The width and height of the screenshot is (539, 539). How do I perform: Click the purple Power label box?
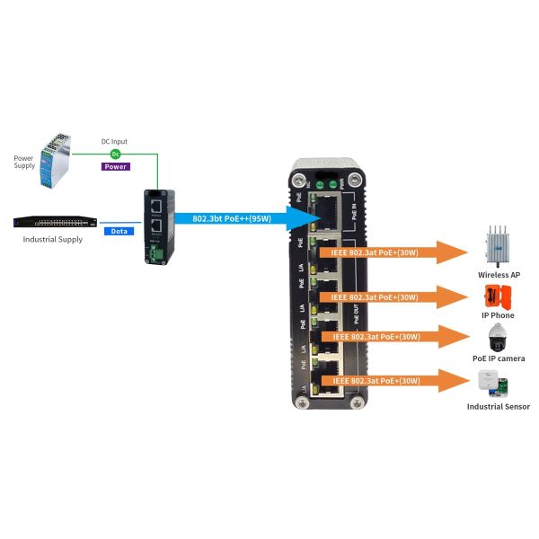(x=116, y=166)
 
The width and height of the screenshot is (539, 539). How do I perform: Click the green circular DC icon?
(x=115, y=155)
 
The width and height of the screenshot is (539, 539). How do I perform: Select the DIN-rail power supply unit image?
(x=55, y=161)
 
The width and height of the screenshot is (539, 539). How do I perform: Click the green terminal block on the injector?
(x=157, y=255)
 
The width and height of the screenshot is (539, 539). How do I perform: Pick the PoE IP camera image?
(x=499, y=339)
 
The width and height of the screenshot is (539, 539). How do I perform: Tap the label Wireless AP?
(x=499, y=274)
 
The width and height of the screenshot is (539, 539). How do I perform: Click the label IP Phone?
(x=499, y=315)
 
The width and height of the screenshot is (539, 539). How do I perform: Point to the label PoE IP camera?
(x=499, y=358)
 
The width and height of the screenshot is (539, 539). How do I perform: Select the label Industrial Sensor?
(x=499, y=407)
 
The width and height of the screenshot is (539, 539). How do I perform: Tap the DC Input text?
(x=114, y=142)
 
